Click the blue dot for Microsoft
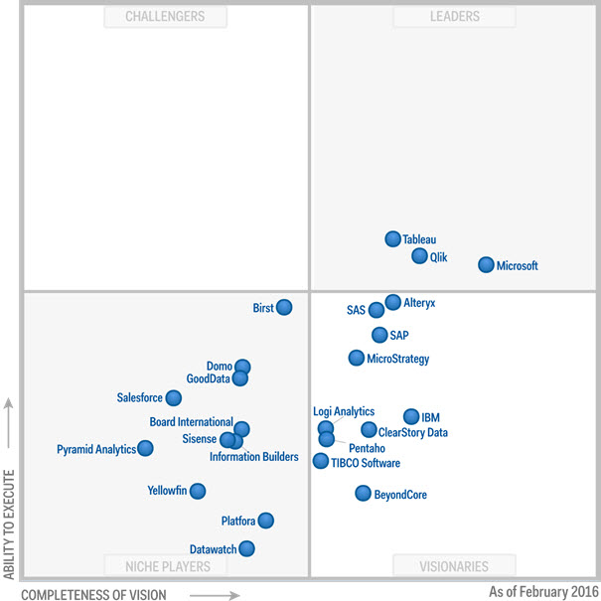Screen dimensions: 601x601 486,265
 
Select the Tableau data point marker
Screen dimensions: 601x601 393,238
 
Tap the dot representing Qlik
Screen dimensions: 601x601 420,256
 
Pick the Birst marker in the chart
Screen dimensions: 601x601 284,307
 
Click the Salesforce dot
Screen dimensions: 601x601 174,398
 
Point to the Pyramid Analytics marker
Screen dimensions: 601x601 146,448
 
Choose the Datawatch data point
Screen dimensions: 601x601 246,548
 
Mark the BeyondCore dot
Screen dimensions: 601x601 364,493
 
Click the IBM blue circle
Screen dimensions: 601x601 411,417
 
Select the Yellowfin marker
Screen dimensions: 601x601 198,491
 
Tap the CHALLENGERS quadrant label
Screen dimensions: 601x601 166,17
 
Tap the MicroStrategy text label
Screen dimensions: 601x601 398,359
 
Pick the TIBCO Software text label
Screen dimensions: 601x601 366,463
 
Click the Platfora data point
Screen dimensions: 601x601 265,521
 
